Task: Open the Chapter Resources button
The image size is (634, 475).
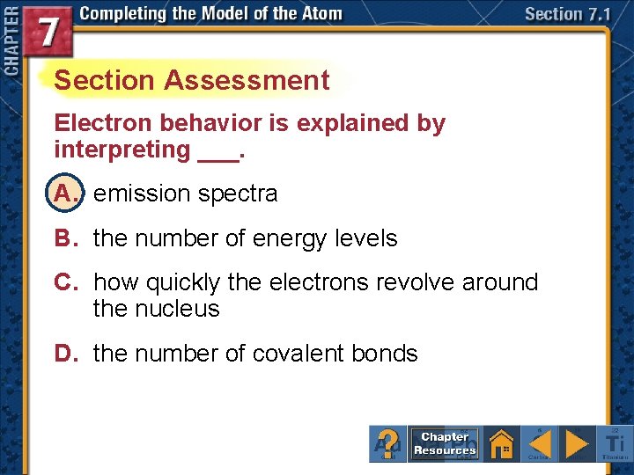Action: point(445,443)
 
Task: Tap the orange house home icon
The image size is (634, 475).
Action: point(502,443)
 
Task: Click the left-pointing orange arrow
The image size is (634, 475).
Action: point(541,443)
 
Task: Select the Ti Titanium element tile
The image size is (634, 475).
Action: point(614,443)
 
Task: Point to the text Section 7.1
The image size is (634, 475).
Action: point(566,15)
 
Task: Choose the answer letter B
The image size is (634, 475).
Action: point(67,238)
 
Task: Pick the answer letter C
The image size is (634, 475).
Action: point(67,282)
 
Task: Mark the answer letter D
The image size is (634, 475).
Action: point(67,354)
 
